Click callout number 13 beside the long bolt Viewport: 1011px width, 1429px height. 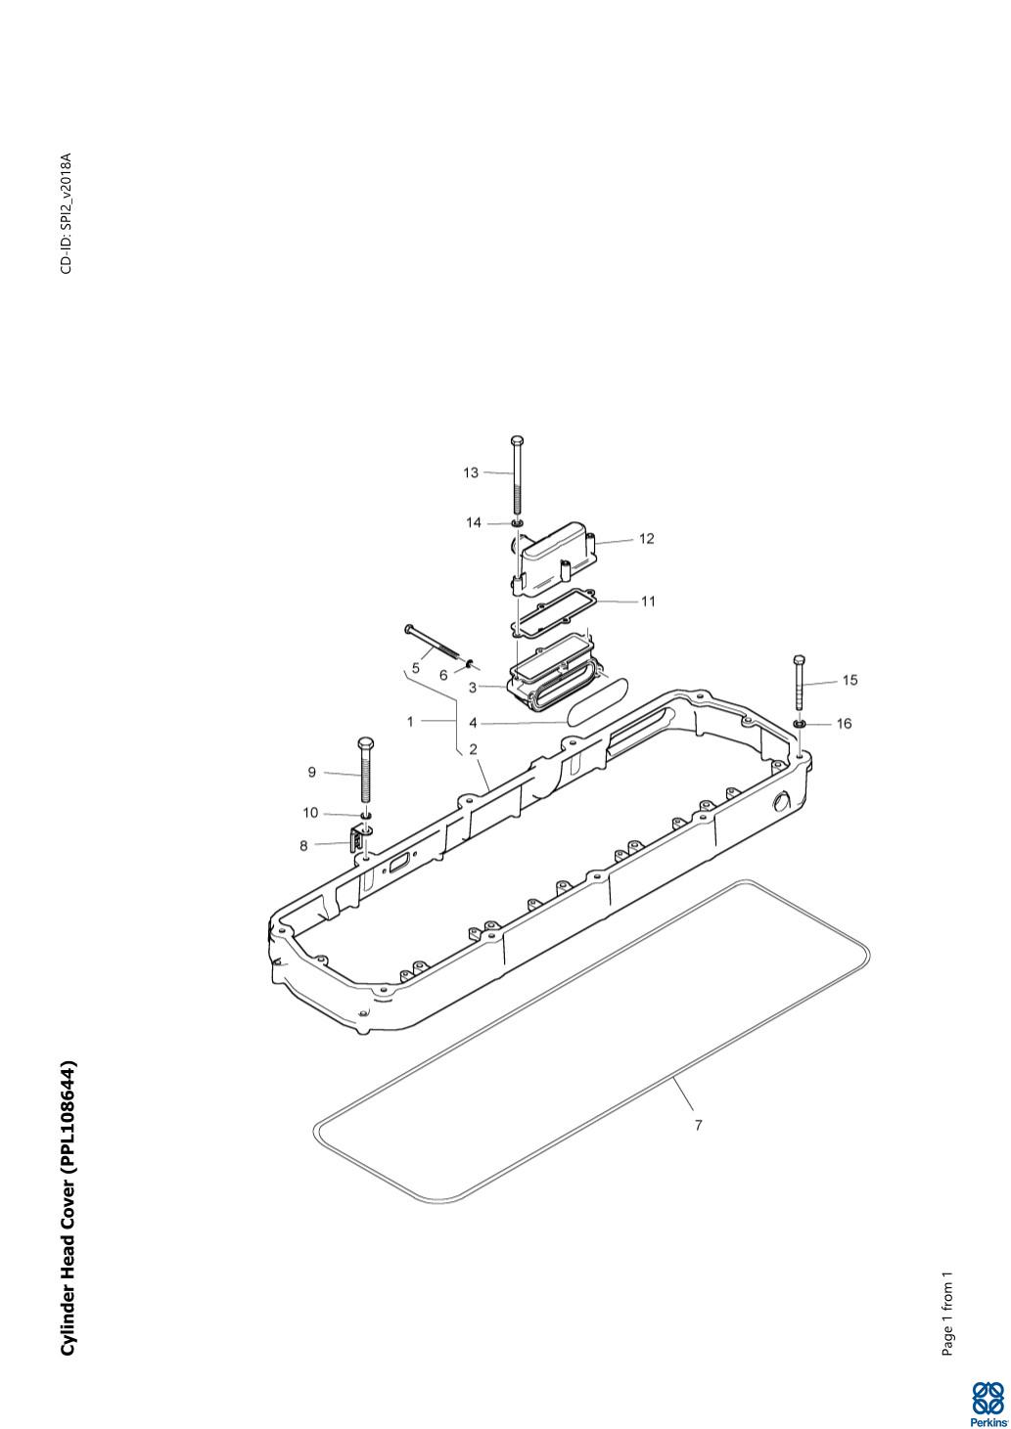click(471, 472)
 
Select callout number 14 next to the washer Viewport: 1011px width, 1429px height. click(473, 523)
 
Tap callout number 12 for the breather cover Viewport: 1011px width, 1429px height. click(647, 539)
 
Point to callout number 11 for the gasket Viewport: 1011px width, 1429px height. click(648, 602)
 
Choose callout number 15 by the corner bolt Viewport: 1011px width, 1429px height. click(850, 681)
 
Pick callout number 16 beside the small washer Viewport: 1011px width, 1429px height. click(844, 724)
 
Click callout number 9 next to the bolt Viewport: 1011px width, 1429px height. click(311, 773)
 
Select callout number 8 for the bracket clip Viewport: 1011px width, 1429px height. click(303, 846)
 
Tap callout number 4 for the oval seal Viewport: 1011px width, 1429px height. click(473, 724)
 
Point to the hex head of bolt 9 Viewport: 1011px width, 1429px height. click(366, 743)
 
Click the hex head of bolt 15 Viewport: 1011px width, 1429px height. click(800, 659)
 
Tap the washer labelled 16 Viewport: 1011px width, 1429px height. click(799, 724)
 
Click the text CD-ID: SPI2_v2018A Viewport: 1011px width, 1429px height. click(67, 213)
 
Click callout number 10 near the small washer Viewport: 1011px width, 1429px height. click(310, 813)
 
